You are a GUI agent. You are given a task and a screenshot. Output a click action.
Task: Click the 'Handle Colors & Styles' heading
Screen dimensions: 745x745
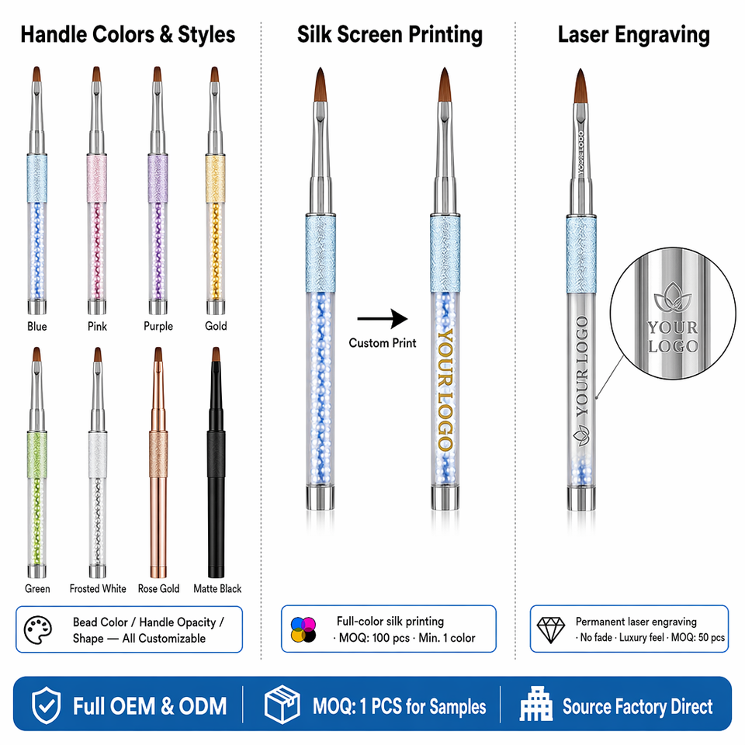click(x=128, y=35)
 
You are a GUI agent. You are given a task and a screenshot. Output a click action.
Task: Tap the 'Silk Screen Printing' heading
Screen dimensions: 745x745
click(x=390, y=35)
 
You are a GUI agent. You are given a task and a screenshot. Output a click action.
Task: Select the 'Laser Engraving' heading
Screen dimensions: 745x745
click(x=634, y=35)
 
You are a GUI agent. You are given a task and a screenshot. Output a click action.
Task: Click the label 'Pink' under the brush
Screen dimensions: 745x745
click(x=98, y=327)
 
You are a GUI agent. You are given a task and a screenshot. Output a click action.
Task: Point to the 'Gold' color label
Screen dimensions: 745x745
click(x=216, y=326)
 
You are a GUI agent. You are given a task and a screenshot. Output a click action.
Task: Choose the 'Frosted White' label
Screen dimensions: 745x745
click(x=98, y=589)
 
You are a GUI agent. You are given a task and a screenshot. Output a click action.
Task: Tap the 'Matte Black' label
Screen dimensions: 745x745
click(x=217, y=589)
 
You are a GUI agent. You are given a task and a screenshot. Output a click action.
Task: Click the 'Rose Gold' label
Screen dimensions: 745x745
click(x=158, y=589)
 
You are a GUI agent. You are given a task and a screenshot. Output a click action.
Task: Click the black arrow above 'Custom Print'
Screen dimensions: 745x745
click(x=383, y=318)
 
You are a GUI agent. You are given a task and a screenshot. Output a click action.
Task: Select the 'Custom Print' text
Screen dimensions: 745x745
click(x=383, y=343)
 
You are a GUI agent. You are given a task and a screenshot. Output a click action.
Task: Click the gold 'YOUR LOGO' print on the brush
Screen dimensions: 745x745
click(x=445, y=390)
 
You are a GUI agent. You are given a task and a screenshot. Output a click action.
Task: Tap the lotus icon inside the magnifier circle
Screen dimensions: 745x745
click(x=673, y=297)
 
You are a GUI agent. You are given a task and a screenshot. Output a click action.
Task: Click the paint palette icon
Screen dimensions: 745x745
click(x=37, y=630)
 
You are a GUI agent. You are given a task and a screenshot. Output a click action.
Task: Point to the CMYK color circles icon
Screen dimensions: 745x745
click(x=303, y=629)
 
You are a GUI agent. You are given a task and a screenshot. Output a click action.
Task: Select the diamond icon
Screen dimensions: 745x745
click(x=551, y=630)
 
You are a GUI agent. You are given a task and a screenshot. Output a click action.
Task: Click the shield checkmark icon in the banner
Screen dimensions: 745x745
click(x=46, y=705)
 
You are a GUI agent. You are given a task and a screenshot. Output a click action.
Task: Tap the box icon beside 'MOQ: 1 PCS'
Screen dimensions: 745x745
click(x=282, y=705)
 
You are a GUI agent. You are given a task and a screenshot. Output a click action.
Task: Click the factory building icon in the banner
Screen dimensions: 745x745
click(x=536, y=704)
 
